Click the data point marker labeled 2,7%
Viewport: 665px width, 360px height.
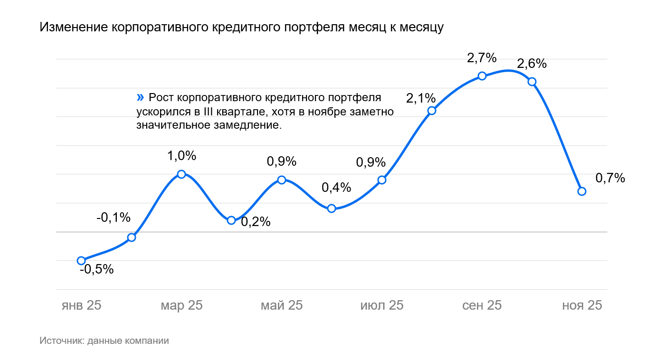point(482,76)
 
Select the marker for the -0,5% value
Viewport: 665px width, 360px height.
point(81,260)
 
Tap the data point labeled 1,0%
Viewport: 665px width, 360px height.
point(181,174)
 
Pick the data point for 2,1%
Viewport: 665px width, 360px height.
point(432,111)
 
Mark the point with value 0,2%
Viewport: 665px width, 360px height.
point(231,220)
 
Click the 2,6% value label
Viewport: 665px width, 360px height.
point(532,64)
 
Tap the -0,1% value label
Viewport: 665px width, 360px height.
point(113,218)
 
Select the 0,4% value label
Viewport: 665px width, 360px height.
point(336,188)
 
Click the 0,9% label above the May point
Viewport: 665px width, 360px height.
point(282,161)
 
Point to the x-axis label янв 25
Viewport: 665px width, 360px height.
point(81,305)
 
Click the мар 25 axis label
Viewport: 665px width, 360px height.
point(181,305)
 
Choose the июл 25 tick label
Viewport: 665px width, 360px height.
point(382,305)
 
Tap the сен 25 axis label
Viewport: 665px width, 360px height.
point(482,305)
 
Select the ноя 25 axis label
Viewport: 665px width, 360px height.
point(582,305)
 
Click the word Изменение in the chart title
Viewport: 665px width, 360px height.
point(74,28)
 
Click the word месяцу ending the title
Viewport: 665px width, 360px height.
point(420,28)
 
